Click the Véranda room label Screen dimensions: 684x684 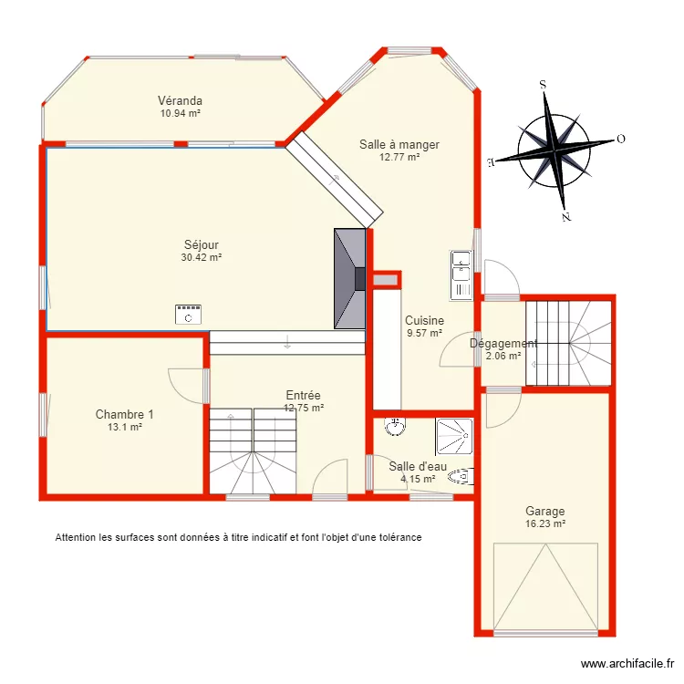pyautogui.click(x=180, y=100)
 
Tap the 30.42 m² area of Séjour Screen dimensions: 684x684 pyautogui.click(x=202, y=257)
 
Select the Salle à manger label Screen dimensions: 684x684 pyautogui.click(x=399, y=144)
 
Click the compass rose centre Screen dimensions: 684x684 pyautogui.click(x=554, y=149)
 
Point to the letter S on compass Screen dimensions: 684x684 pyautogui.click(x=543, y=84)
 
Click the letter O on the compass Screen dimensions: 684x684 pyautogui.click(x=620, y=140)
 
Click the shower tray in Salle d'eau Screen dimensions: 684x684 pyautogui.click(x=454, y=436)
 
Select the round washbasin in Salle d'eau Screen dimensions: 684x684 pyautogui.click(x=394, y=427)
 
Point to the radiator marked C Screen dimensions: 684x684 pyautogui.click(x=189, y=315)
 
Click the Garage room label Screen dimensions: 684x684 pyautogui.click(x=544, y=512)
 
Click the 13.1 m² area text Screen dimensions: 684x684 pyautogui.click(x=125, y=426)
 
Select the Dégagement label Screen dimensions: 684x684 pyautogui.click(x=503, y=344)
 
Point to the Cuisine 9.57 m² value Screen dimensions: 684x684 pyautogui.click(x=424, y=333)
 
